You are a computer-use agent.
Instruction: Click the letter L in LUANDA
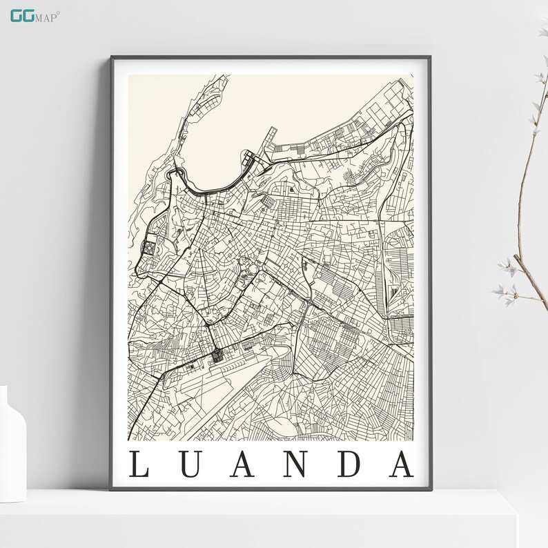click(x=139, y=464)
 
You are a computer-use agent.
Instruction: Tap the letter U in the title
click(x=187, y=464)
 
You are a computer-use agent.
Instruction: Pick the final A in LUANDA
click(x=400, y=464)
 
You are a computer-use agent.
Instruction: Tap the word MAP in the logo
click(x=48, y=16)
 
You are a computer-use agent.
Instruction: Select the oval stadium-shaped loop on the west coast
click(x=150, y=246)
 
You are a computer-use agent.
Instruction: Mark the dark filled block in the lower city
click(x=218, y=355)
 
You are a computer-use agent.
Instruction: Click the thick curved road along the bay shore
click(x=207, y=189)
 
